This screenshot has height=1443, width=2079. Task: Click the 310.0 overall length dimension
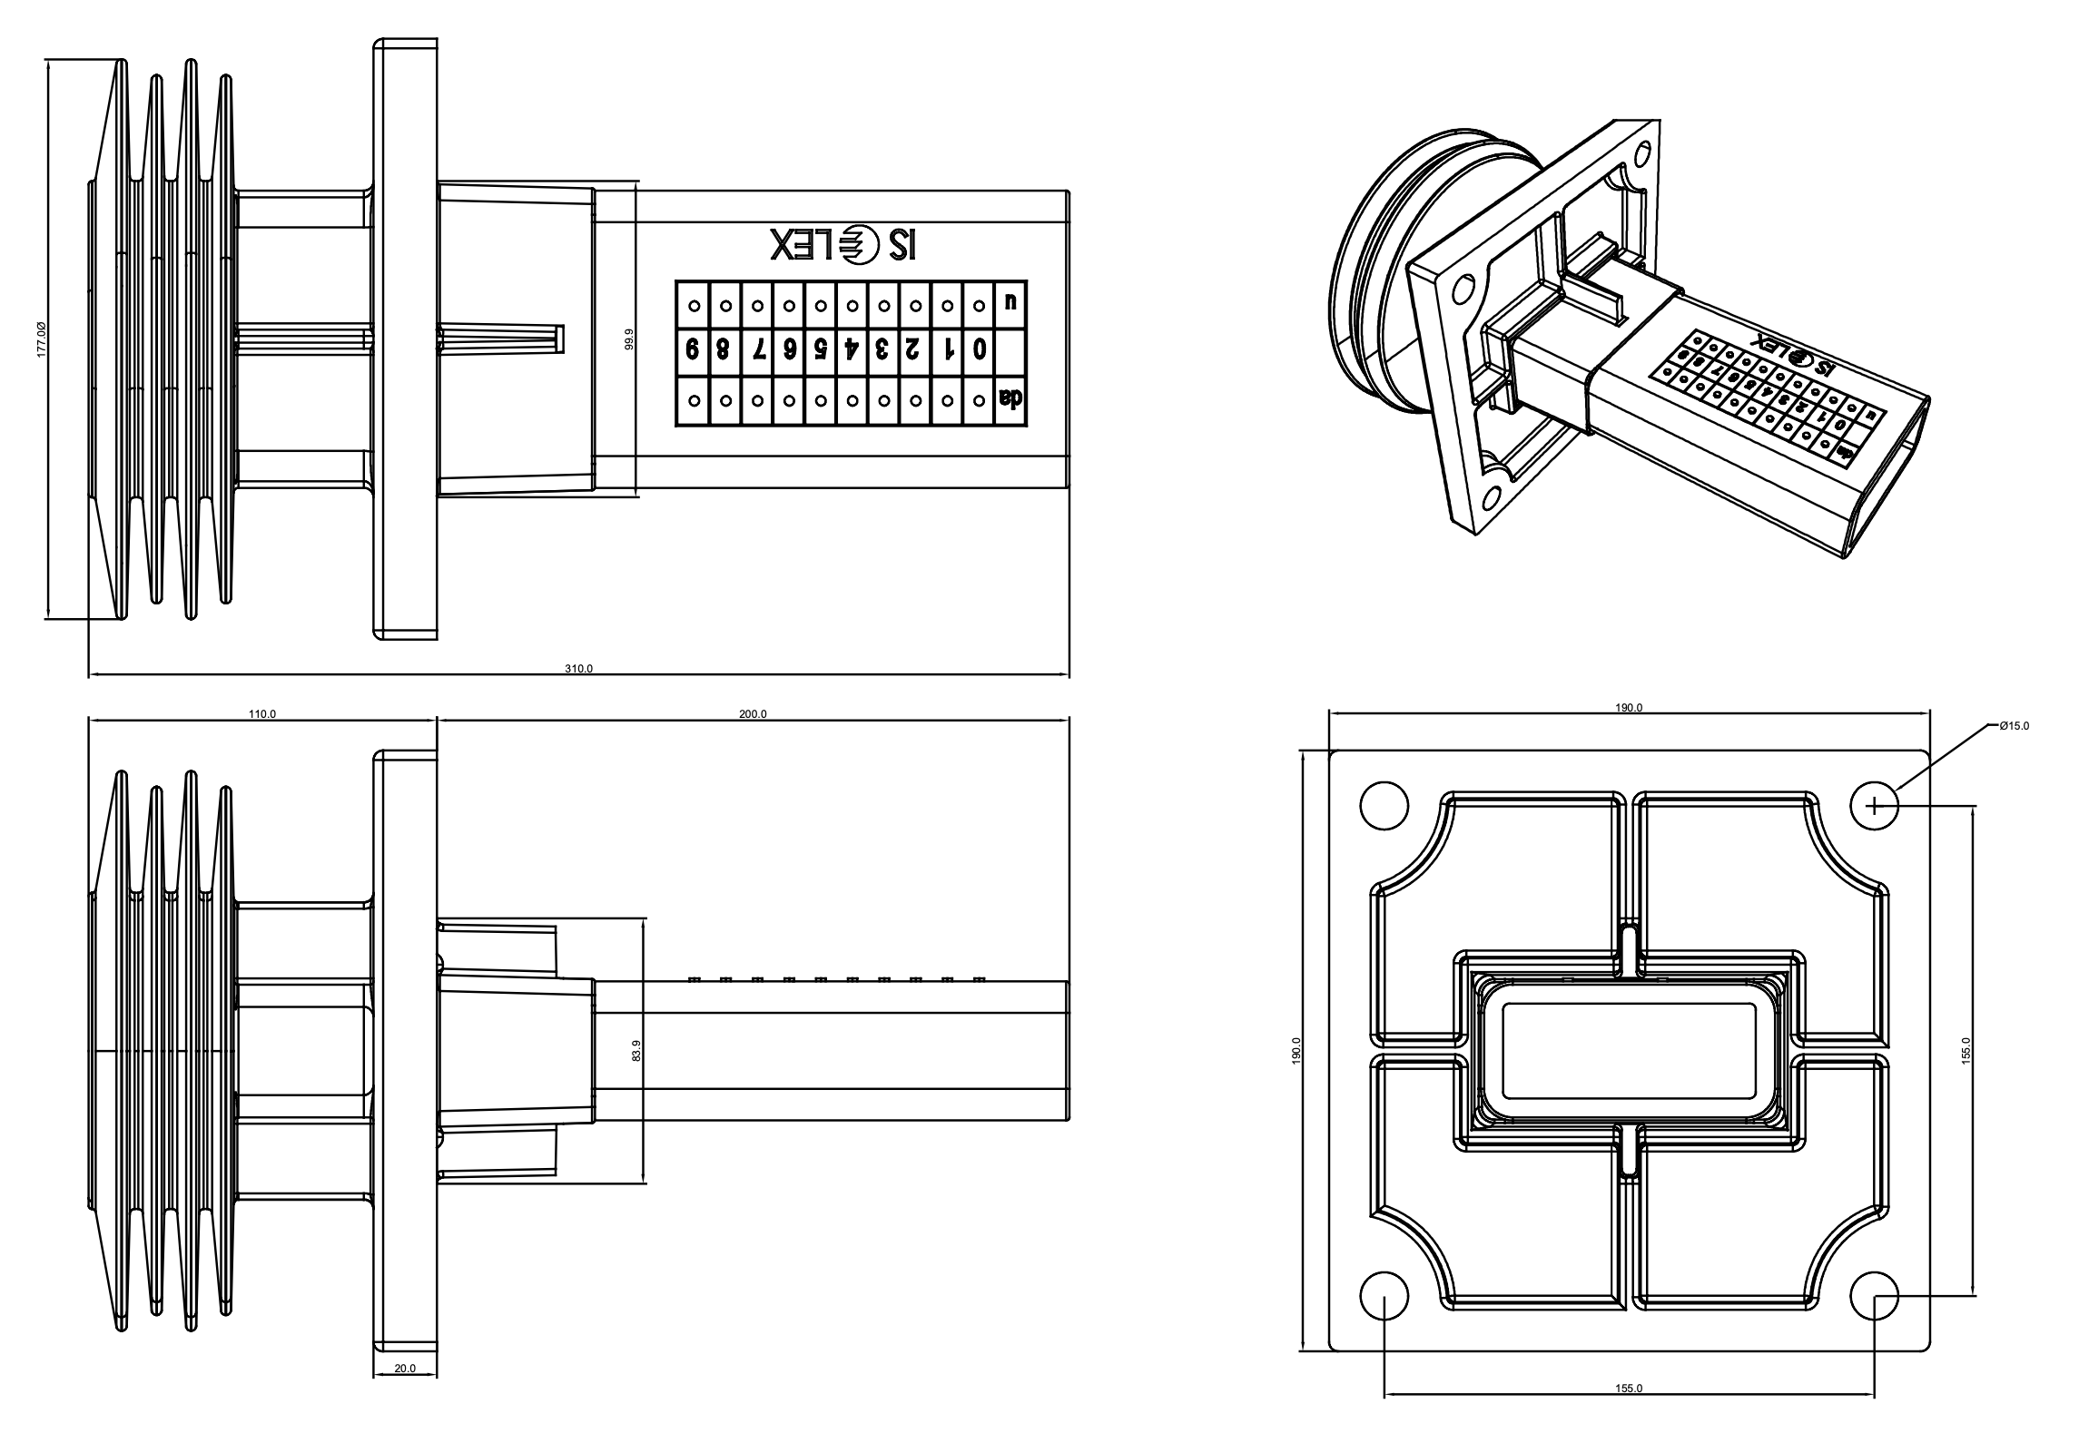578,669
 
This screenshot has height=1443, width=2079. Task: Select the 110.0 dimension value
262,714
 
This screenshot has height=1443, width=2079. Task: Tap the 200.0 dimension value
753,714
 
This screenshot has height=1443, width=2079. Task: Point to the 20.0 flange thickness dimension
405,1393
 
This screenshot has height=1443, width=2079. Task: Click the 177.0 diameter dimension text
42,339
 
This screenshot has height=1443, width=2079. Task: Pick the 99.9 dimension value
628,339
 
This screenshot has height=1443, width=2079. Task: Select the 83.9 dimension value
636,1051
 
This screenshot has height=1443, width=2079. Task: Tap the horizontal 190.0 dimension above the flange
1629,708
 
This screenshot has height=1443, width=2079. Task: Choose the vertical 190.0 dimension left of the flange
1296,1050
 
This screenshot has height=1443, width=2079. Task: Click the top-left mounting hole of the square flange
1384,805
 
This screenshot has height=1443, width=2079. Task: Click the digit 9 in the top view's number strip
693,349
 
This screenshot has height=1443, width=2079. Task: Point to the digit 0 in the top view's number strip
979,349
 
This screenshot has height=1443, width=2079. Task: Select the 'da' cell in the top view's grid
1010,398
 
